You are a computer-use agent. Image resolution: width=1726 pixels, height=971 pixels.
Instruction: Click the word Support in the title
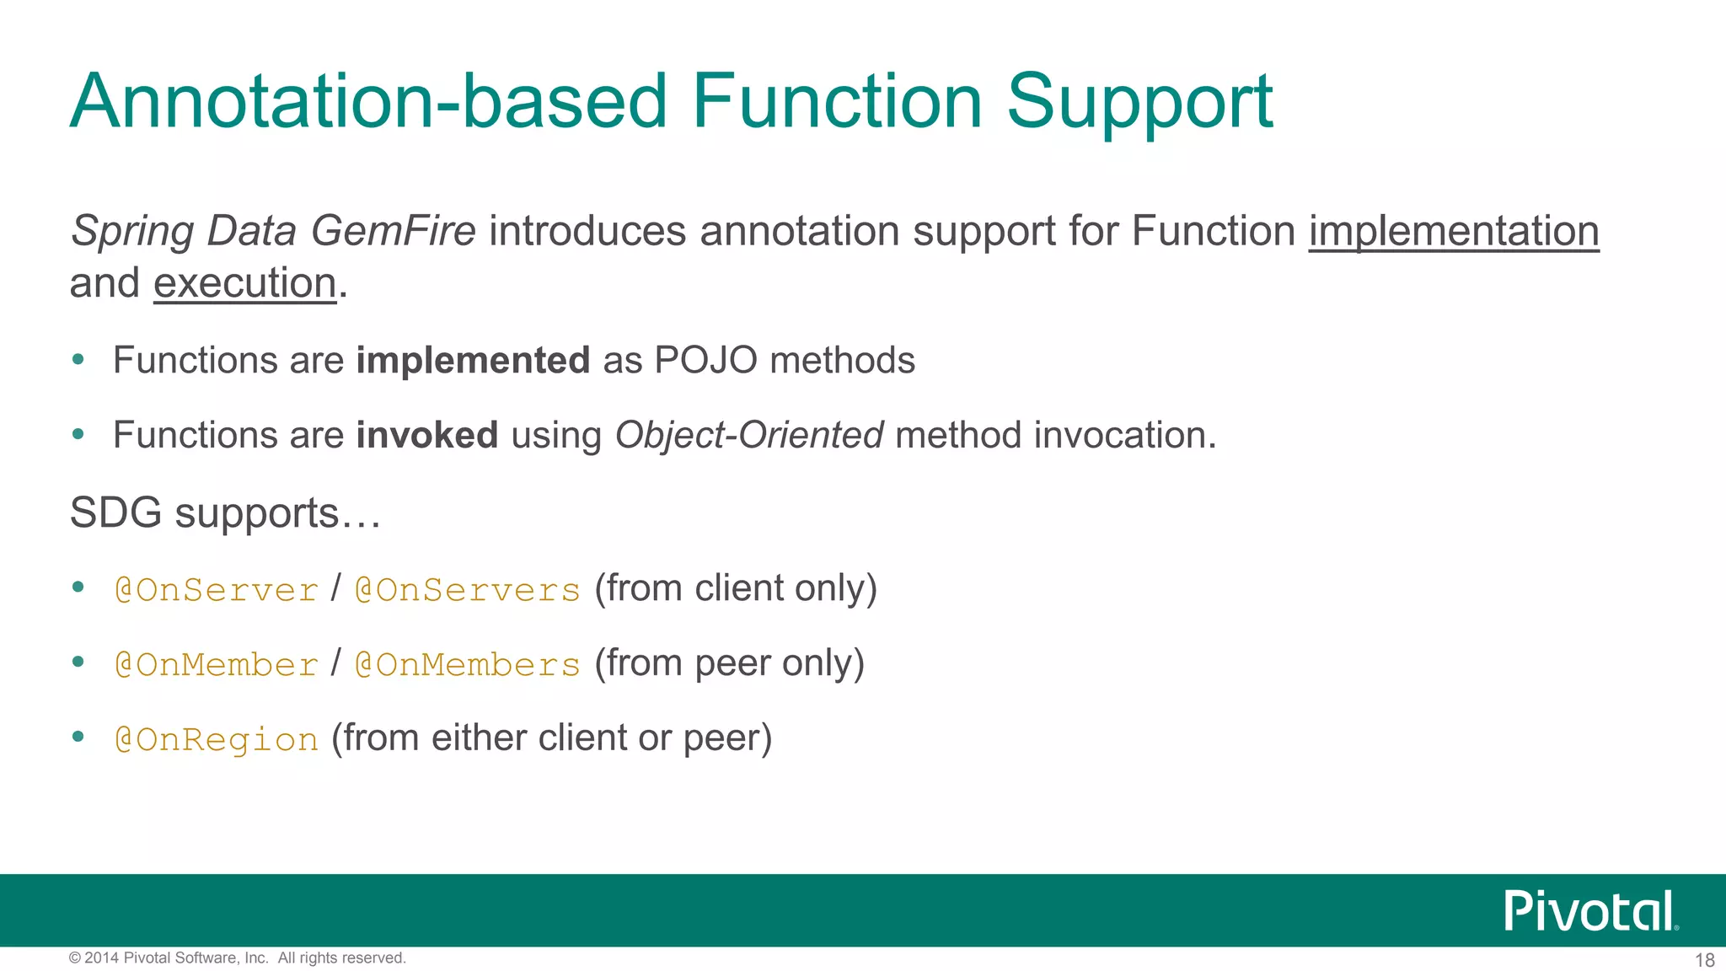click(x=1139, y=103)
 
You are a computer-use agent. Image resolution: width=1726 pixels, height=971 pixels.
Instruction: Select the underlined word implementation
click(x=1453, y=231)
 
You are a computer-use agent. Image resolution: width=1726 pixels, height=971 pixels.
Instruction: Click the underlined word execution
click(x=244, y=283)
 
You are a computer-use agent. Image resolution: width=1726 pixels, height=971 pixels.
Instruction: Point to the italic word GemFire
click(x=393, y=231)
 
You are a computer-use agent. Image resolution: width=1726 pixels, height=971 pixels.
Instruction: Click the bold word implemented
click(x=473, y=361)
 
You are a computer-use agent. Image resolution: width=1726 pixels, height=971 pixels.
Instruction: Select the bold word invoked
click(x=426, y=436)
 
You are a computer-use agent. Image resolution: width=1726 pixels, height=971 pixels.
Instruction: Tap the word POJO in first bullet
click(x=705, y=361)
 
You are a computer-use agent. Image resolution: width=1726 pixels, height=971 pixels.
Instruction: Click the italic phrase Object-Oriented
click(x=748, y=436)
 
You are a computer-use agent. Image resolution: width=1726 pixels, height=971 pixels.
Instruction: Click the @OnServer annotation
click(x=217, y=590)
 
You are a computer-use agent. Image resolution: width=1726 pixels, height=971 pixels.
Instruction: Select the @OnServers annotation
click(x=467, y=590)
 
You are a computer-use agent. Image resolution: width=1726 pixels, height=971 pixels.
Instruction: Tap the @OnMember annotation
click(x=217, y=665)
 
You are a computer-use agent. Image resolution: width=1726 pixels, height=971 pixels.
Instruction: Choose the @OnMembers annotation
click(x=467, y=665)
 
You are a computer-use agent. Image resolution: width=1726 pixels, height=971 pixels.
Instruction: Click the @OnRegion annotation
click(x=217, y=740)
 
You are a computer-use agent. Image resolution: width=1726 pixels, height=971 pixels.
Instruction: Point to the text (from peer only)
click(x=729, y=663)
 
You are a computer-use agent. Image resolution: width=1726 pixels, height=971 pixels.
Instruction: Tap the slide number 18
click(x=1704, y=960)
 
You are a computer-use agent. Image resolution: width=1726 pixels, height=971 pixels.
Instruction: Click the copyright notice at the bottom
click(x=238, y=958)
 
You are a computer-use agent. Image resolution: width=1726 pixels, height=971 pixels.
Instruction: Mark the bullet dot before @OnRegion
click(x=78, y=737)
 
